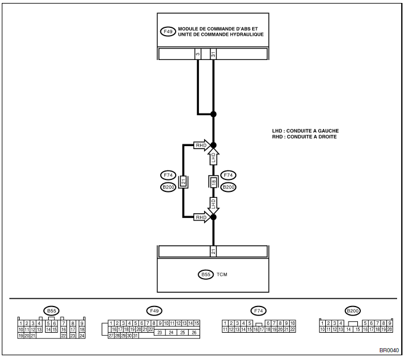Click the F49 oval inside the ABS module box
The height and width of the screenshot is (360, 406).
click(168, 31)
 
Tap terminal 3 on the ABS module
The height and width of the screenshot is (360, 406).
click(198, 54)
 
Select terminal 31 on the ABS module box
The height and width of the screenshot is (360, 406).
click(213, 54)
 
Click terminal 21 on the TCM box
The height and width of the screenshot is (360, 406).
click(213, 251)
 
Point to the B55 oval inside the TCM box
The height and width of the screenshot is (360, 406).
click(206, 274)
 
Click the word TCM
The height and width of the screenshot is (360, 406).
click(222, 274)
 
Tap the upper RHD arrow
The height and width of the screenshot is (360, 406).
click(202, 145)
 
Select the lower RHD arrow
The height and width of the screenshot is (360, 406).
click(202, 217)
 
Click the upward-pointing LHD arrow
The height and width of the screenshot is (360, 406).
click(213, 157)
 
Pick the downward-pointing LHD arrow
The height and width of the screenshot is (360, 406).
click(213, 206)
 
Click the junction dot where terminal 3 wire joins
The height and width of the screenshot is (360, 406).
click(213, 114)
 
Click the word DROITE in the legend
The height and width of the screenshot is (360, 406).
click(327, 137)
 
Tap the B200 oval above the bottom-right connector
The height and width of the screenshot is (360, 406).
click(353, 311)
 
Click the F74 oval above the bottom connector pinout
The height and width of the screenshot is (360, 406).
click(258, 311)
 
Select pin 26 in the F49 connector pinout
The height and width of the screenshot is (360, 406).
click(194, 333)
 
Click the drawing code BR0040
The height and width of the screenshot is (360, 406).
click(389, 350)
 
